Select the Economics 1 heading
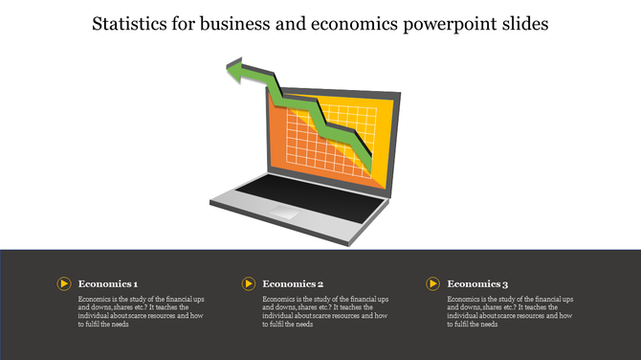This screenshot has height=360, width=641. tap(108, 284)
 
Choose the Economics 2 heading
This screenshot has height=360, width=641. tap(293, 284)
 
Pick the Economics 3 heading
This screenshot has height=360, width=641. tap(477, 284)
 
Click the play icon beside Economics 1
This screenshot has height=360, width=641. tap(64, 283)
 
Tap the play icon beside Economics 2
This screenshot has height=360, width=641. tap(249, 283)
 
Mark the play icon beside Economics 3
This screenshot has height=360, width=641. tap(433, 283)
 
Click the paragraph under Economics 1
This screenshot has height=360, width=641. tap(141, 312)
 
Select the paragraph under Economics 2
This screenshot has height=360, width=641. tap(325, 312)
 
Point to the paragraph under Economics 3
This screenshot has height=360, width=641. tap(510, 312)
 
